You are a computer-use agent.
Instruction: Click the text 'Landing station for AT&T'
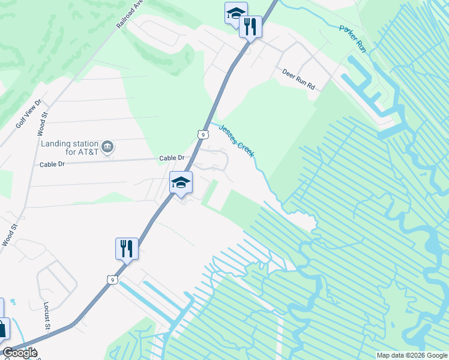point(69,148)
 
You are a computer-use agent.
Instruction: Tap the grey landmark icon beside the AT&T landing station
point(108,147)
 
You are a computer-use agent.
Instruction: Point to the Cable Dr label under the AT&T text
point(52,164)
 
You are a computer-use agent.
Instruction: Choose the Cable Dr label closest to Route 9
point(172,158)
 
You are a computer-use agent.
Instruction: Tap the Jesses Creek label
point(236,141)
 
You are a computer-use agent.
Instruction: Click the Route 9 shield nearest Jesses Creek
point(203,135)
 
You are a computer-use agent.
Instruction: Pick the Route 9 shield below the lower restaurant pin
point(111,280)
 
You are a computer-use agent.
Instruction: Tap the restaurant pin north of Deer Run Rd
point(250,26)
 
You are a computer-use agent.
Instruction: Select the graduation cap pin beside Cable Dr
point(180,182)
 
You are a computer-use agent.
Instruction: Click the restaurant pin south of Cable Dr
point(127,248)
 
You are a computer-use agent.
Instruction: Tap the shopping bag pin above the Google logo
point(2,329)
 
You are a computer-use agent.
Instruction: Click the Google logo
point(20,353)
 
